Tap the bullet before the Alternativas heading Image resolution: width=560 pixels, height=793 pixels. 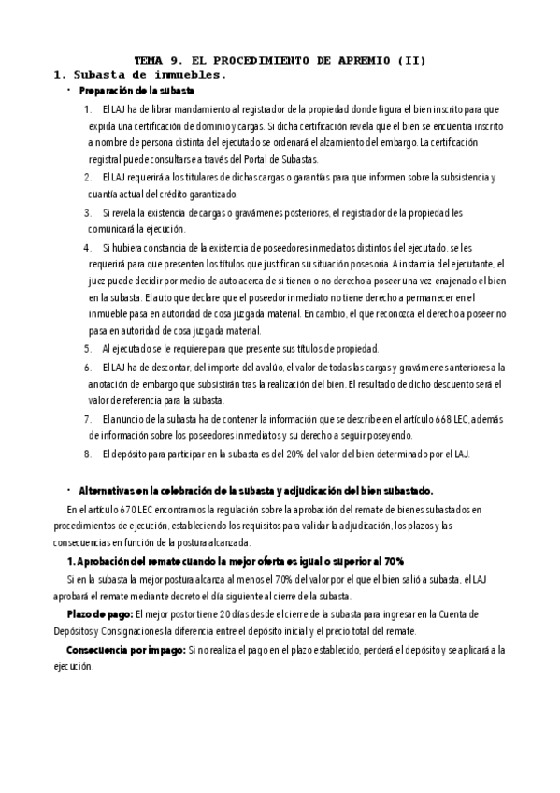click(69, 490)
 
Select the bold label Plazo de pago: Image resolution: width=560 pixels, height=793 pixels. click(99, 613)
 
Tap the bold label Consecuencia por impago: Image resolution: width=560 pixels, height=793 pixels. click(124, 648)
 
